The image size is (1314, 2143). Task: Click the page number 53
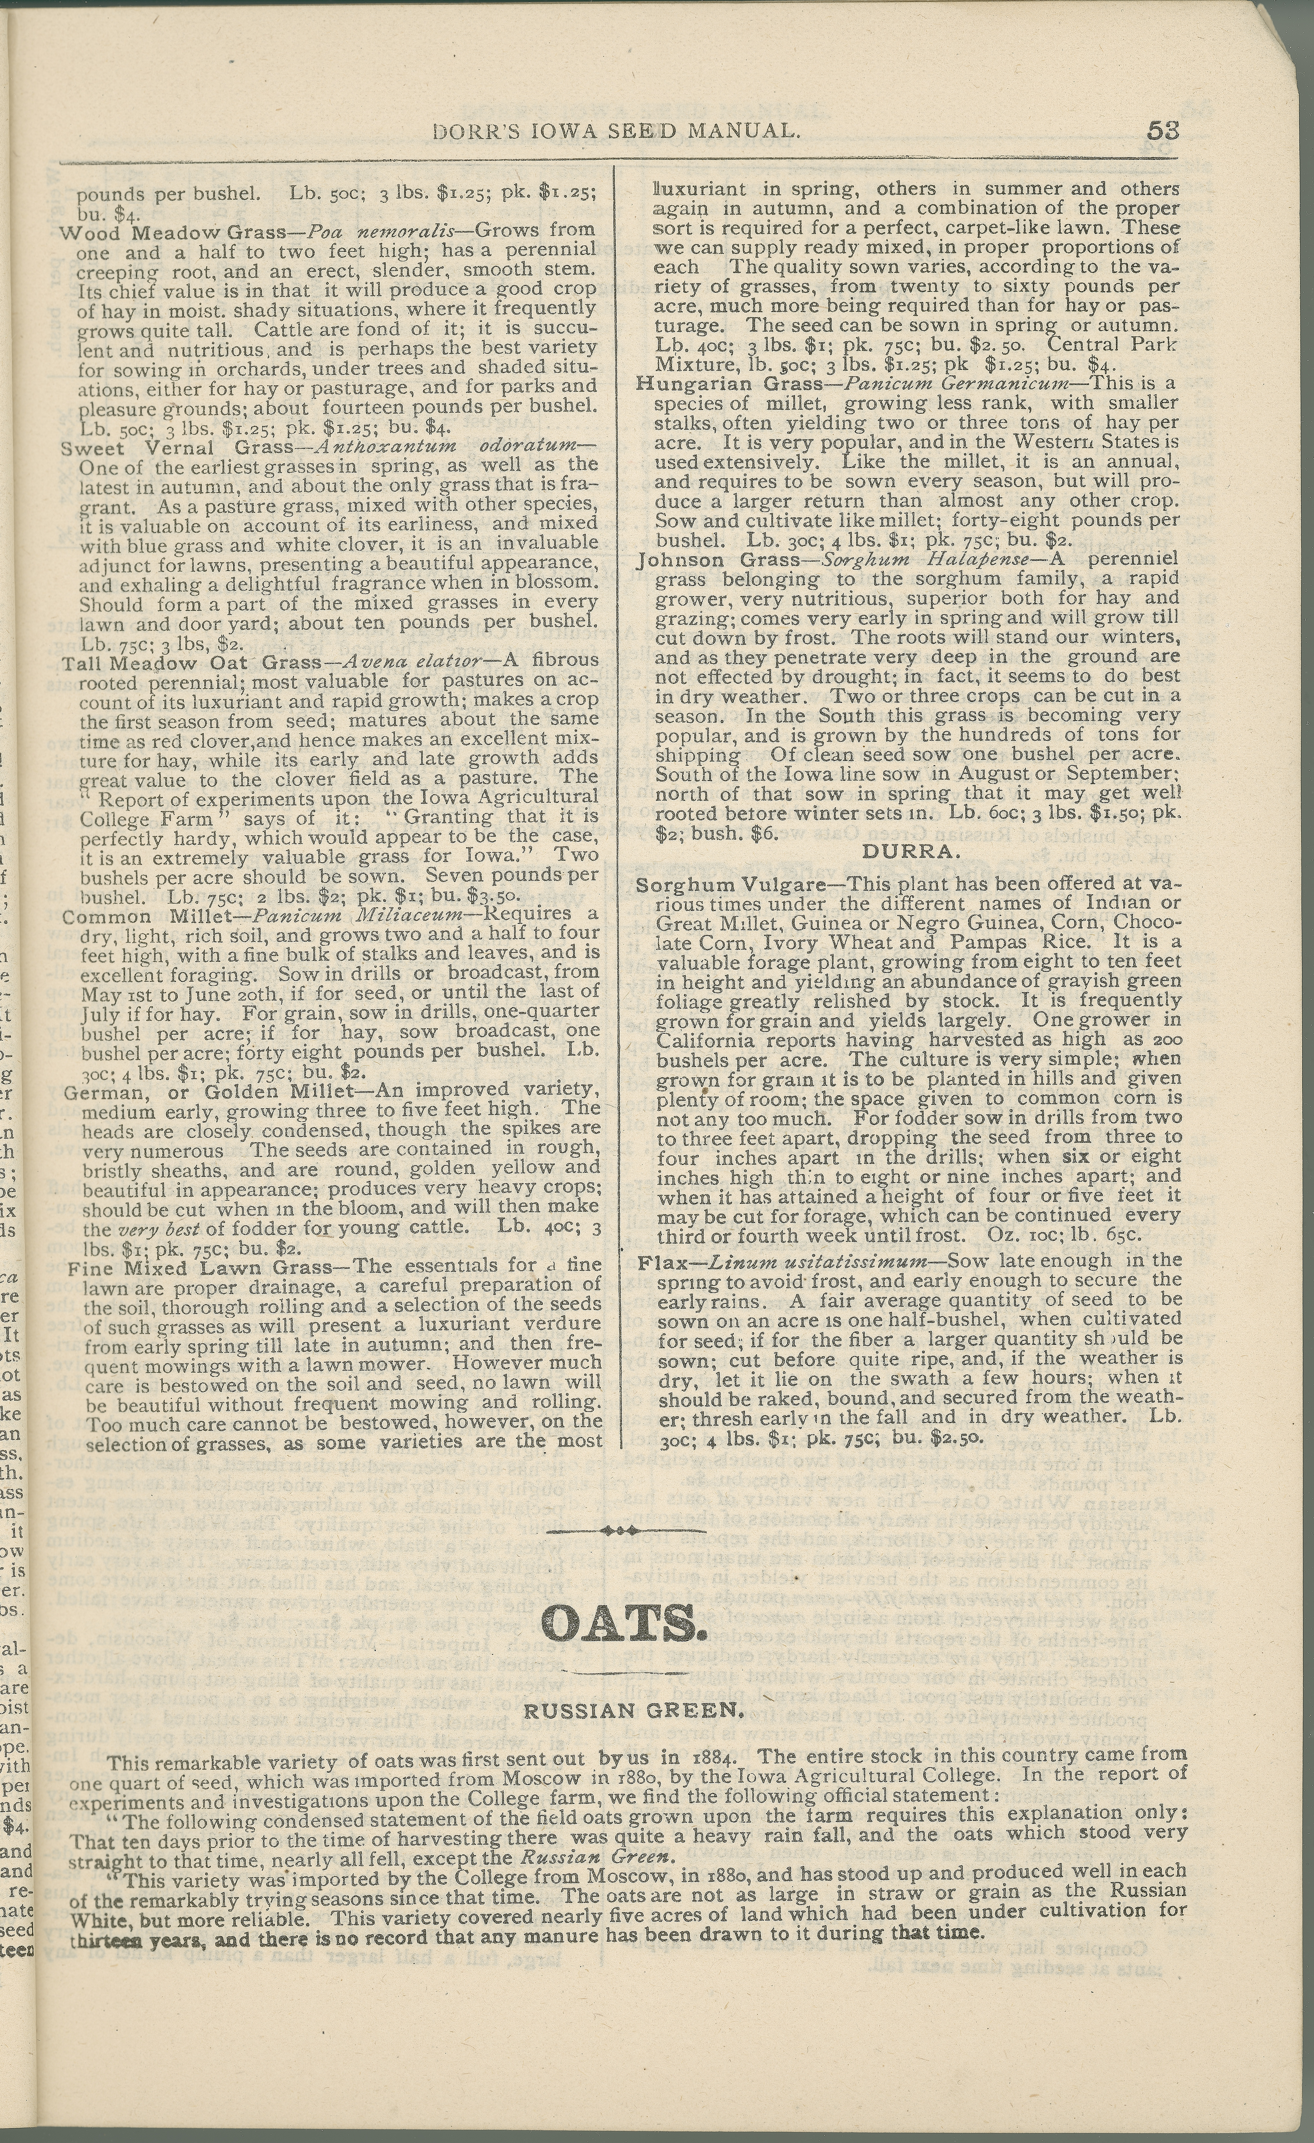[x=1163, y=131]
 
